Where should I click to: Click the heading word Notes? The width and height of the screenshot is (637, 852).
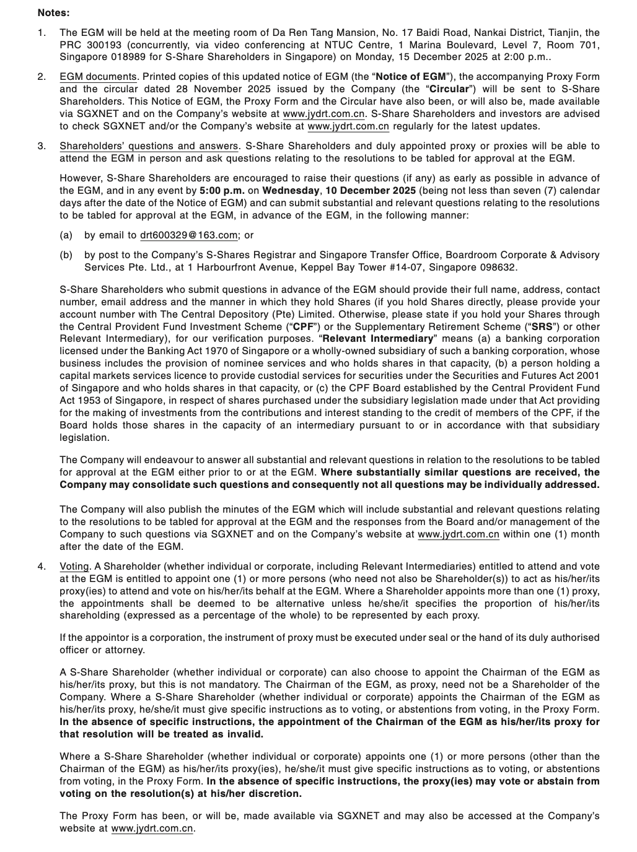53,12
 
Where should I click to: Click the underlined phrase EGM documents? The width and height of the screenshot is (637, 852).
98,77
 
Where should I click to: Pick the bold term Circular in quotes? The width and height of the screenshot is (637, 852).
449,89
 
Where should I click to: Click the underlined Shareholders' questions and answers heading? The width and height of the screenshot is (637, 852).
149,146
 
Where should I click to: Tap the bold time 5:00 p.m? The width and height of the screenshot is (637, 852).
222,191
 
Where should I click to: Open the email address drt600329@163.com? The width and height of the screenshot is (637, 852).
188,235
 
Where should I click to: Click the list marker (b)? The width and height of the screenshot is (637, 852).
66,255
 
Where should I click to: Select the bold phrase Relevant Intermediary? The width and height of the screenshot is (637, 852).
378,339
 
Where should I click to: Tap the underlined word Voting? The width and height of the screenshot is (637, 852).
74,567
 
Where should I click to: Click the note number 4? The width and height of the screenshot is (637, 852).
42,567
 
